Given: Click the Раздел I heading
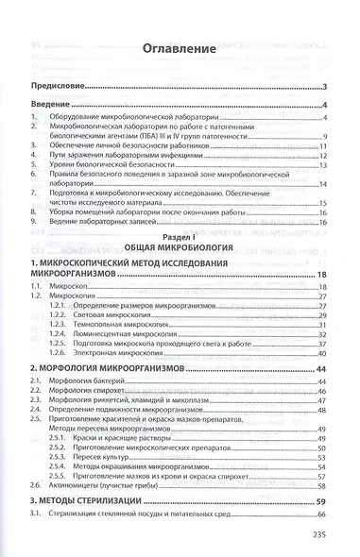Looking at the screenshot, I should (x=179, y=232).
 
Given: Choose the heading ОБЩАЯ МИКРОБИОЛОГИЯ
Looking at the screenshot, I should (x=179, y=244).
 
